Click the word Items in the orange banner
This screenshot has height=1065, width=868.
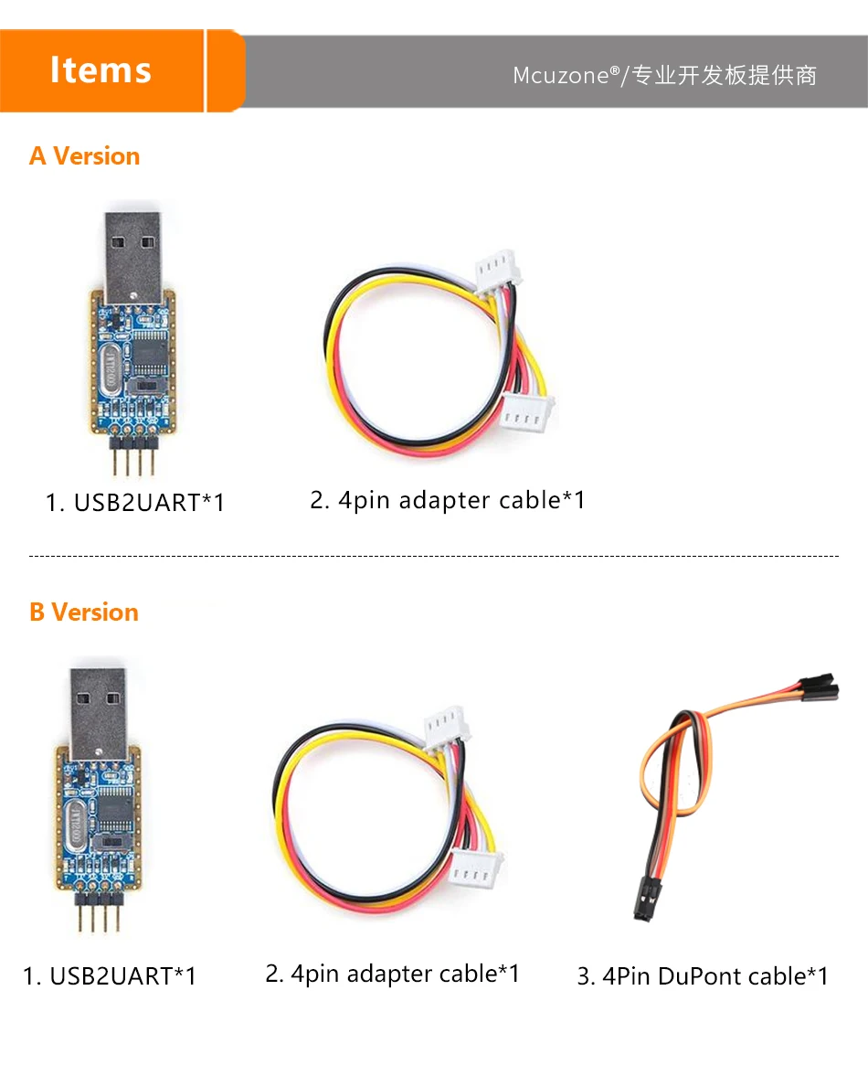coord(101,70)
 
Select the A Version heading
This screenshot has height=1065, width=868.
coord(84,156)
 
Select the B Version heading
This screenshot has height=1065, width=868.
coord(83,612)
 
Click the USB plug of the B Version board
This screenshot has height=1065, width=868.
coord(100,708)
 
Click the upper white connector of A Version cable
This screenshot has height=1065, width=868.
coord(498,272)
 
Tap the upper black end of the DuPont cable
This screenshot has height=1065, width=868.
coord(819,687)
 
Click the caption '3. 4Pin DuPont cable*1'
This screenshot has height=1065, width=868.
coord(702,976)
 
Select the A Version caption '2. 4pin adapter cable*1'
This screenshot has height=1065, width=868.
coord(448,501)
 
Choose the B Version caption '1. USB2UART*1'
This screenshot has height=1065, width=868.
coord(110,976)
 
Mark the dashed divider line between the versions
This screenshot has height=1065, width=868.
coord(434,556)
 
